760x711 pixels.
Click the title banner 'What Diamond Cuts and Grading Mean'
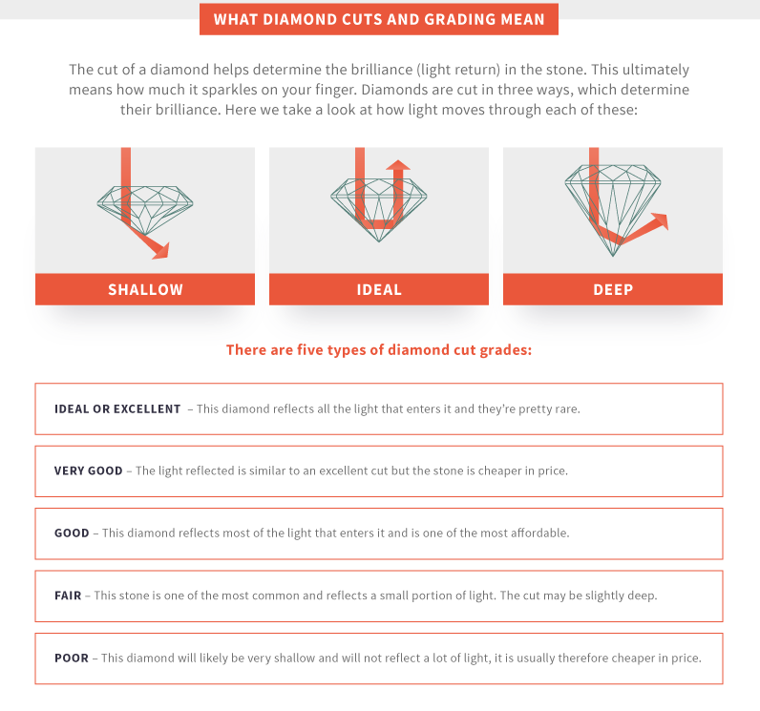tap(379, 19)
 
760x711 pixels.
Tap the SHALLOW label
tap(145, 289)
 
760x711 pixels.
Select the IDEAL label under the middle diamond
tap(379, 289)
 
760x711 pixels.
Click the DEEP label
tap(613, 289)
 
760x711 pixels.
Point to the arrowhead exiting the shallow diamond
tap(161, 250)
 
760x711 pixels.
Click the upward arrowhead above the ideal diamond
tap(398, 165)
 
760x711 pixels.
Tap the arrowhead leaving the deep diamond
tap(660, 221)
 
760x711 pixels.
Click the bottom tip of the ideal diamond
tap(379, 241)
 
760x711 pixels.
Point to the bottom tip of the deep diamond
tap(613, 255)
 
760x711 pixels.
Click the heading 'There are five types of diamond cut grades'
tap(379, 349)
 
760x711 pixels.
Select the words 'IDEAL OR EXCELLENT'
tap(117, 408)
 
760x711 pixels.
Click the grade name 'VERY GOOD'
tap(88, 471)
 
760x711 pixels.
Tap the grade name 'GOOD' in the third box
tap(72, 533)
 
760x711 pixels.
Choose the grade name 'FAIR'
tap(68, 596)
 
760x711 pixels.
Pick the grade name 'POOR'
tap(72, 658)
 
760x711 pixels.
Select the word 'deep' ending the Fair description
tap(642, 596)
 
